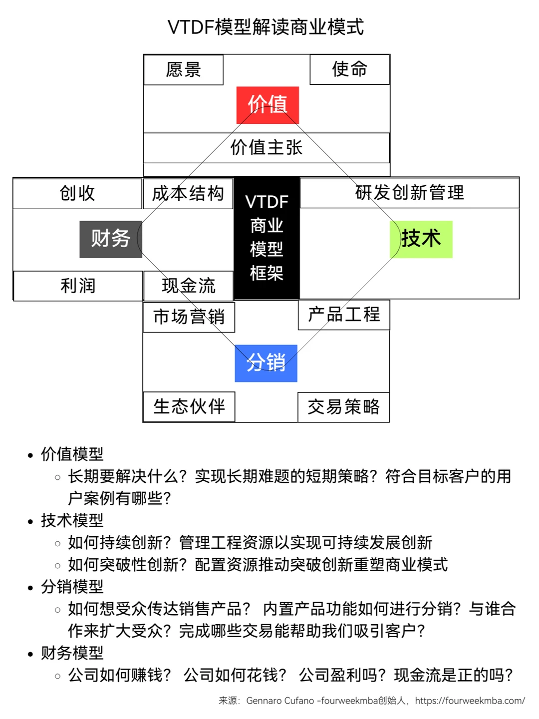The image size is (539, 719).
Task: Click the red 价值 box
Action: (x=268, y=105)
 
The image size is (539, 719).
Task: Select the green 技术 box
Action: (x=421, y=239)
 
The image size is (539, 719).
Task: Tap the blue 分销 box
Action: (x=266, y=363)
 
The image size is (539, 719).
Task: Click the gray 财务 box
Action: (x=111, y=239)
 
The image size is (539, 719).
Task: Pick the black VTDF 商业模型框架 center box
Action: (x=267, y=238)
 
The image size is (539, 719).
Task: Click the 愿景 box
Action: (x=183, y=70)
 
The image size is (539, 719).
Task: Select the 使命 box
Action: (x=349, y=69)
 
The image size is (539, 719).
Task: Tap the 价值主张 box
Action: (x=266, y=148)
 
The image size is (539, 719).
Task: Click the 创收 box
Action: (x=77, y=194)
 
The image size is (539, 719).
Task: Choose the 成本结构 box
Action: (x=188, y=194)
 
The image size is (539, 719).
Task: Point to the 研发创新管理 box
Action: (x=409, y=193)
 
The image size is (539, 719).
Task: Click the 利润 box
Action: (x=78, y=286)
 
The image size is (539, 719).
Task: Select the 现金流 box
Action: (x=188, y=286)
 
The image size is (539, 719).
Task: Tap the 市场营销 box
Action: (x=189, y=317)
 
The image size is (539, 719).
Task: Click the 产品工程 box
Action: (x=344, y=315)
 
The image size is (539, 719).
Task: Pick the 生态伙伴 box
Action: (x=189, y=407)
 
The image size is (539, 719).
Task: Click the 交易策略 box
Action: (x=343, y=407)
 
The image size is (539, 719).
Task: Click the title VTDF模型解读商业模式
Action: (x=266, y=27)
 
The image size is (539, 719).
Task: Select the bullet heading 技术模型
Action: (x=72, y=520)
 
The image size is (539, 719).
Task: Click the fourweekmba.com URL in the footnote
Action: (x=470, y=701)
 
